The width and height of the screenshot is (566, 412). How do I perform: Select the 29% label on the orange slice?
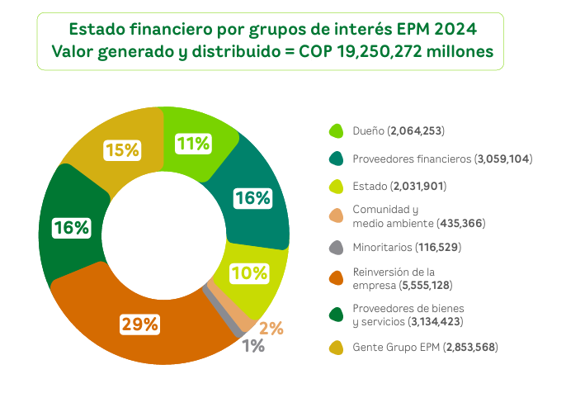(x=139, y=324)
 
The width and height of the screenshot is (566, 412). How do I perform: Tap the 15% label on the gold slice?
(x=121, y=150)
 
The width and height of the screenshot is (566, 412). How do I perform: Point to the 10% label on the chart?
(x=249, y=272)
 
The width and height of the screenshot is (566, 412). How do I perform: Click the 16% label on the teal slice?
(x=252, y=198)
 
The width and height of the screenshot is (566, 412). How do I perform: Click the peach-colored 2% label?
(x=271, y=328)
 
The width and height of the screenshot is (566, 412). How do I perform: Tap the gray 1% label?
(x=253, y=346)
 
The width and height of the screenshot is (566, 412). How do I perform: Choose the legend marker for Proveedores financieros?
(x=336, y=159)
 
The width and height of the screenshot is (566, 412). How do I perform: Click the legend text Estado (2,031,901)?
(x=399, y=186)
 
